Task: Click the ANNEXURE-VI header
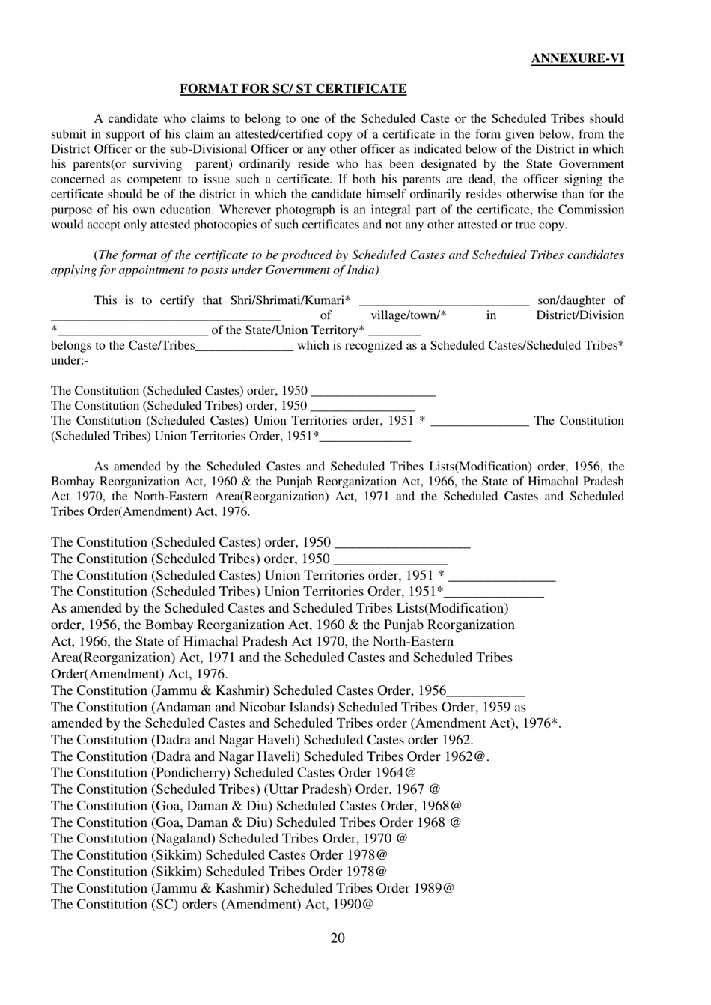coord(577,58)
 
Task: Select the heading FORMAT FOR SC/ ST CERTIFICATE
coord(293,89)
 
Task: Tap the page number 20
coord(338,938)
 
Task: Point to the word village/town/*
coord(409,315)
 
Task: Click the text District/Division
coord(579,315)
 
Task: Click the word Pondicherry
coord(191,773)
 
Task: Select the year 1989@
coord(433,888)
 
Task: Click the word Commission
coord(593,210)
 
